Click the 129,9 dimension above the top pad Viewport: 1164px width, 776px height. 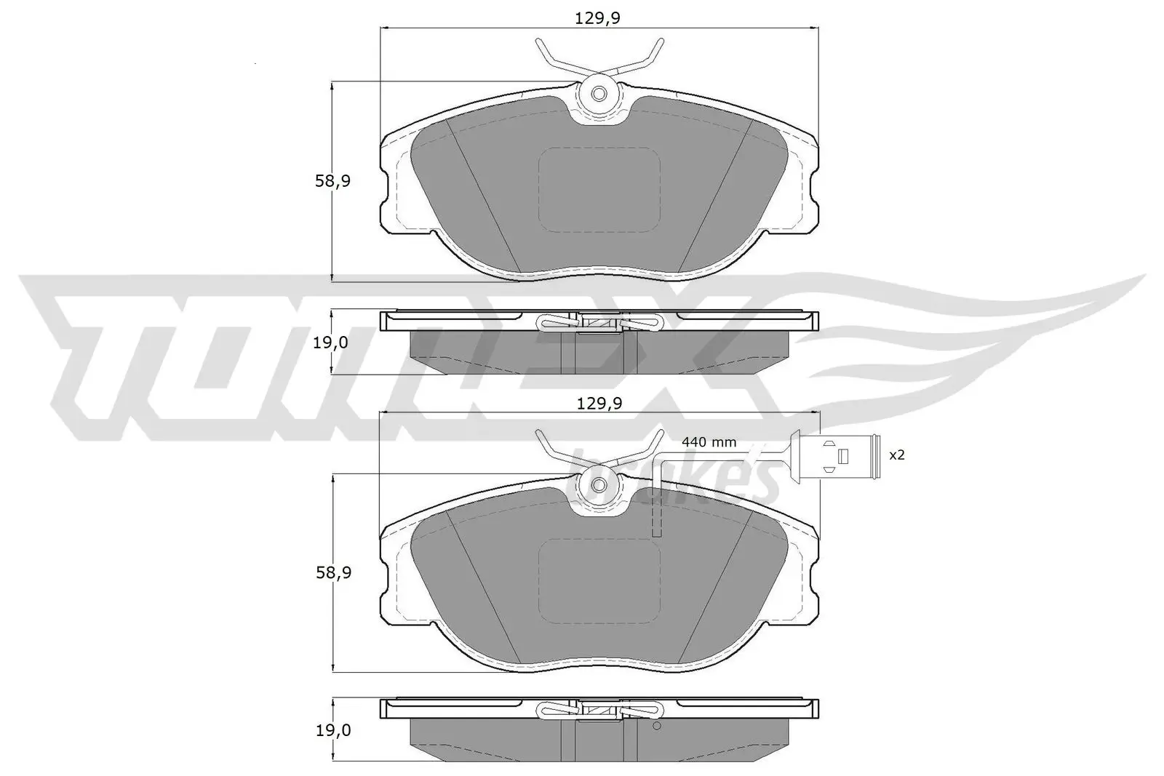[598, 18]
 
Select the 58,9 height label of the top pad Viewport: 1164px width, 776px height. [332, 181]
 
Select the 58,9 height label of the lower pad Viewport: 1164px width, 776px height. [332, 573]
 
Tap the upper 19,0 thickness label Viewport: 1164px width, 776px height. [330, 343]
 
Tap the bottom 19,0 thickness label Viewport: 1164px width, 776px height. [330, 730]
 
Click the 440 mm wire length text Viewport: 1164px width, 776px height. [709, 442]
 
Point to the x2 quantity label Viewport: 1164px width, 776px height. [897, 455]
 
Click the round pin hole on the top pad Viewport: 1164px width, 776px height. [599, 95]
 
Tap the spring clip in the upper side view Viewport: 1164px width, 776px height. [599, 321]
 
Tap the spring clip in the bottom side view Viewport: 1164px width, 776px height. [599, 710]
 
